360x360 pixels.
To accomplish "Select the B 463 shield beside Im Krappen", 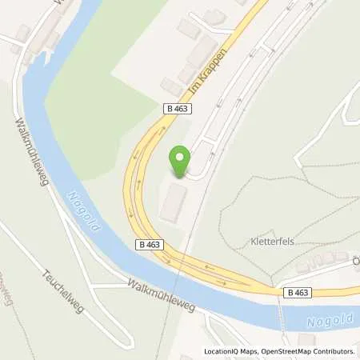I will pos(181,107).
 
